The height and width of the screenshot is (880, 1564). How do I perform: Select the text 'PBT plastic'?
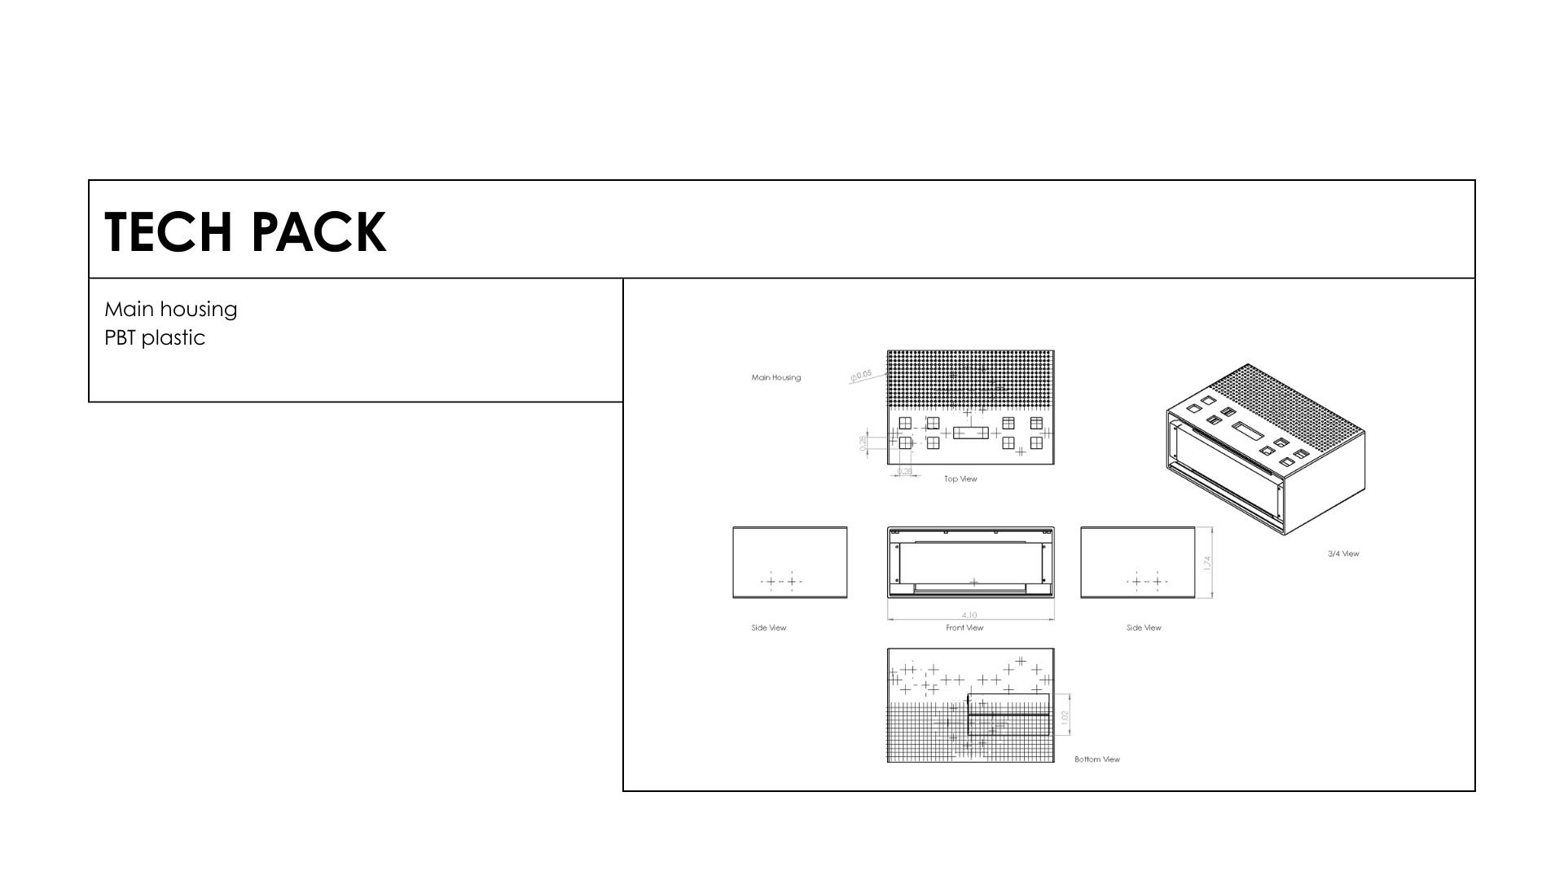tap(155, 338)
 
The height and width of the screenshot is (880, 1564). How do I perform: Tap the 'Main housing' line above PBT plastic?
tap(171, 310)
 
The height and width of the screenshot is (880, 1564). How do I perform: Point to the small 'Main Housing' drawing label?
tap(775, 377)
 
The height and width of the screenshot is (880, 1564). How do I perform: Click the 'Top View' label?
tap(960, 479)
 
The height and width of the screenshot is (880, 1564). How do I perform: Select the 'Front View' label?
tap(964, 627)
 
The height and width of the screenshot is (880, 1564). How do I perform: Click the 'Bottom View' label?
tap(1096, 759)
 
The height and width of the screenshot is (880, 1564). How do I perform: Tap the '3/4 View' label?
tap(1343, 554)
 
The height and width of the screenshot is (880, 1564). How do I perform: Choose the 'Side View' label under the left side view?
tap(768, 627)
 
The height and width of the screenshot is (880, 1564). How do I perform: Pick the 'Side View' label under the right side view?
tap(1144, 627)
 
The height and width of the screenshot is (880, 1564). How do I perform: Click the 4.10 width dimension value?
tap(969, 615)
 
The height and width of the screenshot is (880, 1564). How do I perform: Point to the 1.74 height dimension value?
tap(1207, 563)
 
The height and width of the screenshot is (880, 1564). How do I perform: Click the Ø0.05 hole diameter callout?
tap(861, 376)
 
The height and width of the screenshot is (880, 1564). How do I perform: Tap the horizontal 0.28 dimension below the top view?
tap(904, 471)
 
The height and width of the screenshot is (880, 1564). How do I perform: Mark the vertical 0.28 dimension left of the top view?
tap(863, 442)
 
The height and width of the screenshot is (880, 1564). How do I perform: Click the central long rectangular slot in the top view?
tap(970, 433)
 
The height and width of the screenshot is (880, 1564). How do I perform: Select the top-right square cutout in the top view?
tap(1036, 423)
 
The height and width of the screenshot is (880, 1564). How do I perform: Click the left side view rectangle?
tap(789, 561)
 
